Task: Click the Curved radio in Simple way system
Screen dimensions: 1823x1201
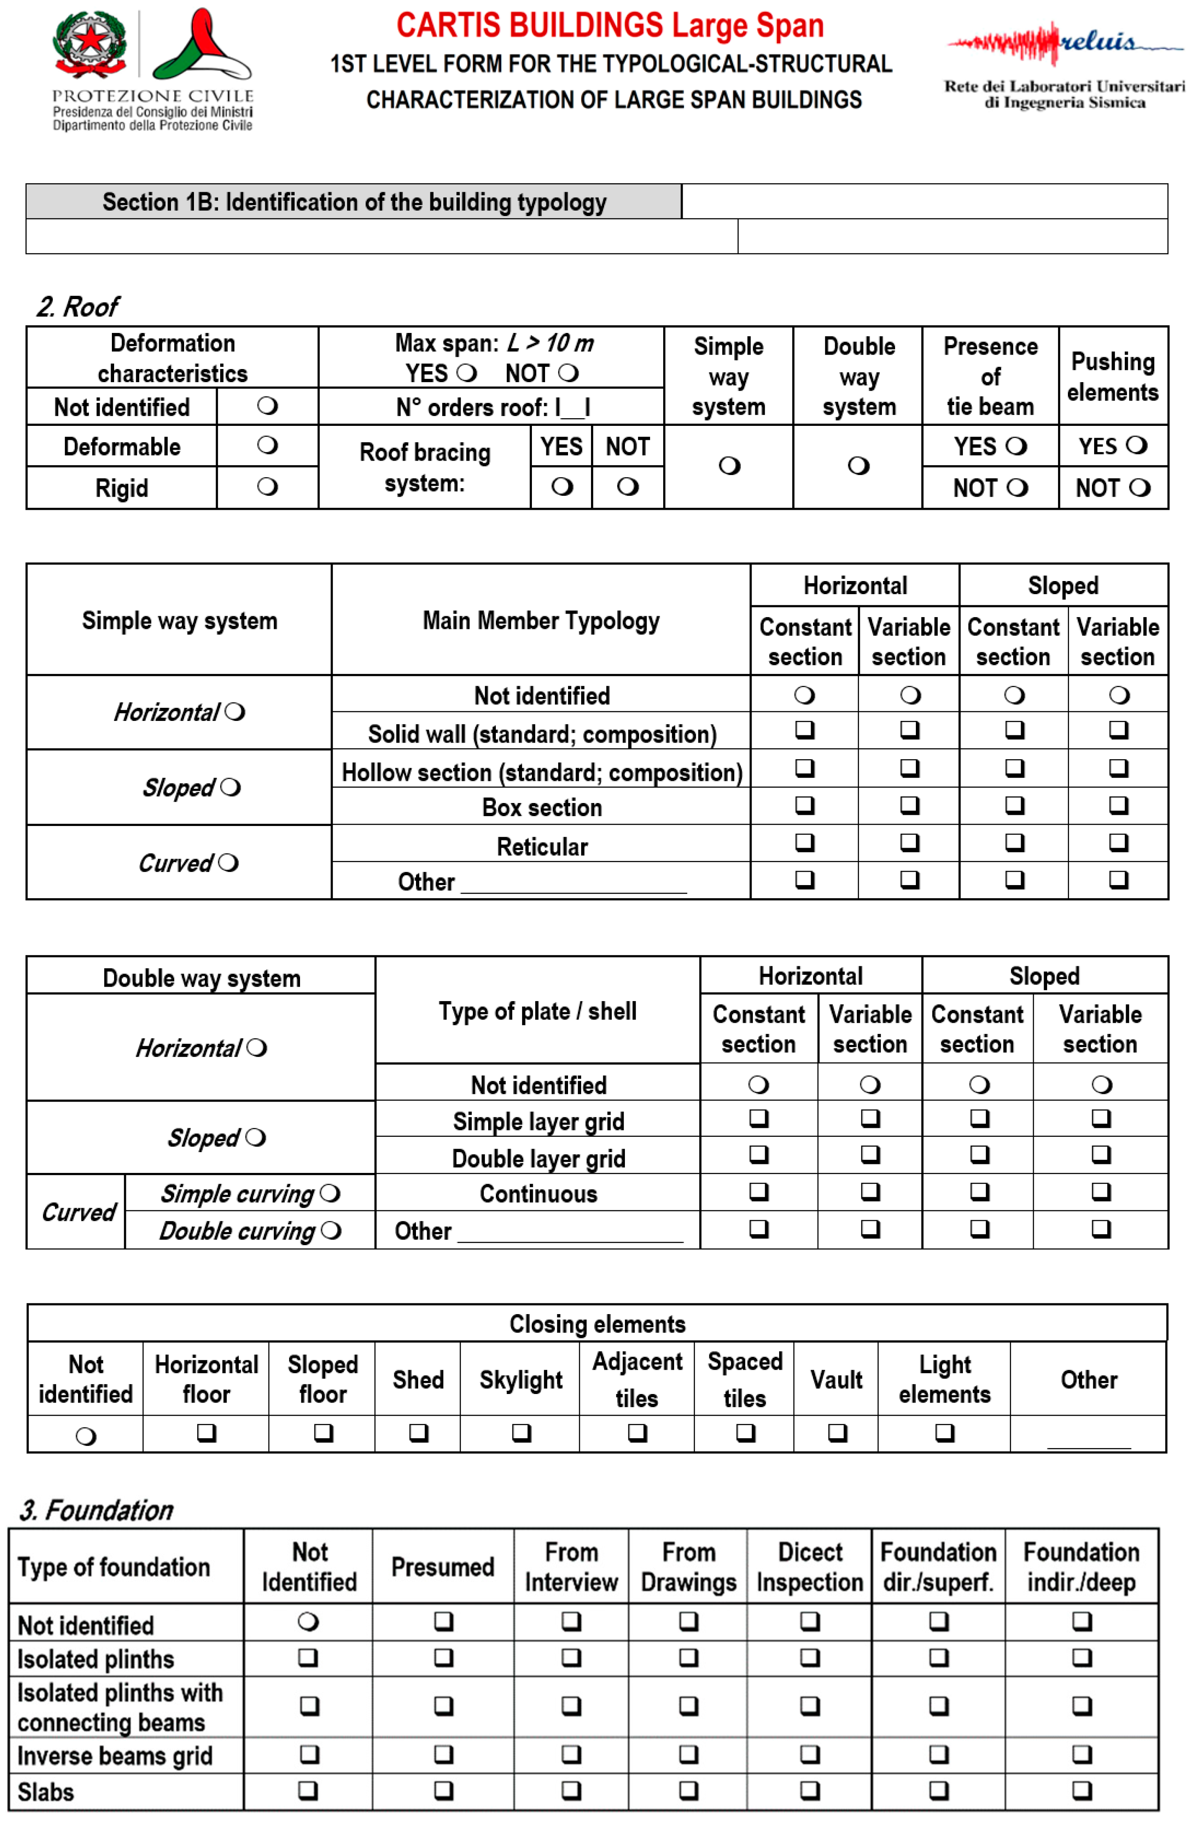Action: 228,863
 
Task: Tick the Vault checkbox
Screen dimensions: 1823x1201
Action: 837,1432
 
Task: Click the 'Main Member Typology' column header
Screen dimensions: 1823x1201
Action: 541,620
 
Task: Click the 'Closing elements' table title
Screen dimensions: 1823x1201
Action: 597,1324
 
